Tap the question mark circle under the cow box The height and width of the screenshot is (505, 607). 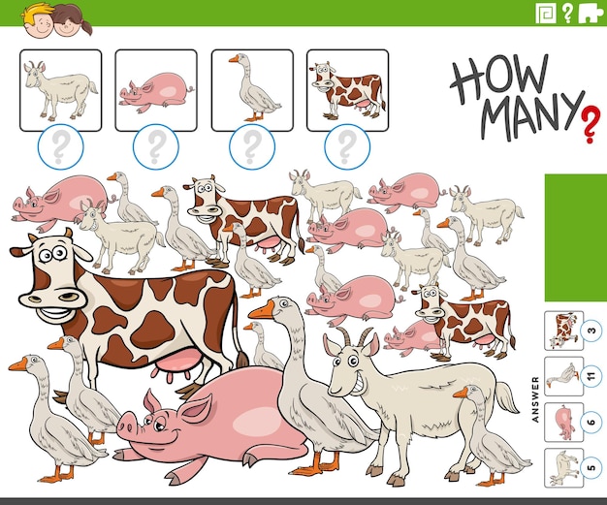(346, 147)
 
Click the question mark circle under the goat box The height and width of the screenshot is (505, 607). (60, 147)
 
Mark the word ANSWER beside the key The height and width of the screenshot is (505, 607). (534, 398)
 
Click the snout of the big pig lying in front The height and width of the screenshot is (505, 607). (129, 424)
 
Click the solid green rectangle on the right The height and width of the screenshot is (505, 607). (575, 237)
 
